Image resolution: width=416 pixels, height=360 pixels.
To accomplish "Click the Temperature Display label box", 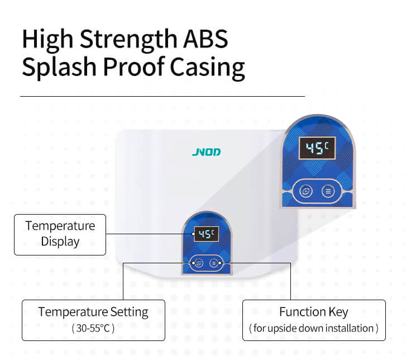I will coord(60,234).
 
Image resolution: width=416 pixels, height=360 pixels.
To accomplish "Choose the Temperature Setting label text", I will coord(93,312).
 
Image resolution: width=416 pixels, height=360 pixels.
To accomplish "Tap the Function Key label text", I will coord(314,312).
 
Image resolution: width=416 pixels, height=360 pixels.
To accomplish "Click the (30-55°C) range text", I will coord(93,328).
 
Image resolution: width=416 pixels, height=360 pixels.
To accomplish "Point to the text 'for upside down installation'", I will coord(314,328).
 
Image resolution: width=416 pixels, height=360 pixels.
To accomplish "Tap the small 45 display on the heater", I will coord(205,234).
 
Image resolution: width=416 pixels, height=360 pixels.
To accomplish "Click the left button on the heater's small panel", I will coord(199,262).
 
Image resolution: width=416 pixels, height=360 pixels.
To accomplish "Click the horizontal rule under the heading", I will coord(162,96).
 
